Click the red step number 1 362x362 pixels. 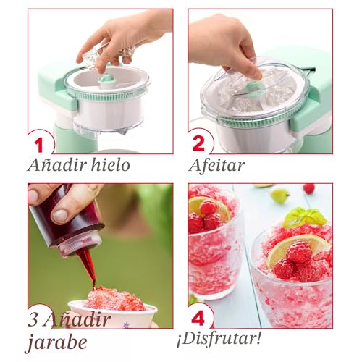pyautogui.click(x=38, y=145)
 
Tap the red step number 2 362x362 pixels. pyautogui.click(x=199, y=143)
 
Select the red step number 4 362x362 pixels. pyautogui.click(x=198, y=318)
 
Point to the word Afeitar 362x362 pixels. pyautogui.click(x=217, y=165)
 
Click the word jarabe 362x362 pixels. pyautogui.click(x=56, y=342)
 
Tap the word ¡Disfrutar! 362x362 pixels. pyautogui.click(x=219, y=339)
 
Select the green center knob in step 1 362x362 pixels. pyautogui.click(x=107, y=80)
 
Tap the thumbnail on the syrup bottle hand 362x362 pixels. pyautogui.click(x=60, y=216)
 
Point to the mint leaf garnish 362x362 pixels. pyautogui.click(x=305, y=217)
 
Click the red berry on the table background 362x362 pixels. pyautogui.click(x=309, y=188)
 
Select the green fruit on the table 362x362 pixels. pyautogui.click(x=279, y=195)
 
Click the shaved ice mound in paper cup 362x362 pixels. pyautogui.click(x=115, y=299)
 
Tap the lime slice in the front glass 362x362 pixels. pyautogui.click(x=299, y=250)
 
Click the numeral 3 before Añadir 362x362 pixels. pyautogui.click(x=33, y=320)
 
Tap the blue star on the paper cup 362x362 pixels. pyautogui.click(x=125, y=326)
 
